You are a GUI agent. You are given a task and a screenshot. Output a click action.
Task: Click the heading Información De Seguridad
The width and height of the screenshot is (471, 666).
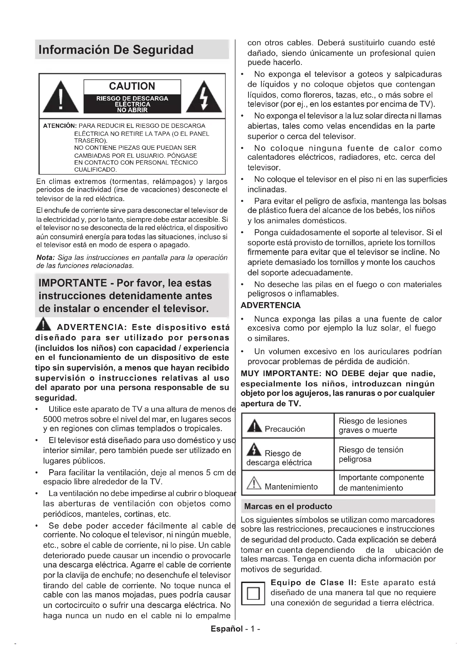pos(116,50)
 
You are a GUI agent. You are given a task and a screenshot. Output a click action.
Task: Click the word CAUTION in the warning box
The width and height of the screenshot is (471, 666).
pos(132,86)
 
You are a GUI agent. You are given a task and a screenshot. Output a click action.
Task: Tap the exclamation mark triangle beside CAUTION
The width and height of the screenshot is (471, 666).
pos(61,97)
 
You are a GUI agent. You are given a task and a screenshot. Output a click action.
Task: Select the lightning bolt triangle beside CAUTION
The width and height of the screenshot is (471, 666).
pos(204,97)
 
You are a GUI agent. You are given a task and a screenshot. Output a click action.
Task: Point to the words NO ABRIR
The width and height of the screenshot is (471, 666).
pos(132,110)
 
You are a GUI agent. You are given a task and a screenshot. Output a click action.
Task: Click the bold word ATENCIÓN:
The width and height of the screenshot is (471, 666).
pos(60,126)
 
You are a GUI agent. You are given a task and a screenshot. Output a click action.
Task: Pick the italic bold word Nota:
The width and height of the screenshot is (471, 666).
pos(45,258)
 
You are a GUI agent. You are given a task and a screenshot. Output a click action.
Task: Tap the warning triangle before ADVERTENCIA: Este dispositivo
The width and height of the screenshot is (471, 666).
pos(43,324)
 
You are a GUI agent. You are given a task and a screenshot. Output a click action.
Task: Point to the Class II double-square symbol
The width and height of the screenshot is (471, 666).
pos(253,593)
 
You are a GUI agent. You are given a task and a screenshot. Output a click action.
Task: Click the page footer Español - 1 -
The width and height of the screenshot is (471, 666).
pos(235,629)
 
